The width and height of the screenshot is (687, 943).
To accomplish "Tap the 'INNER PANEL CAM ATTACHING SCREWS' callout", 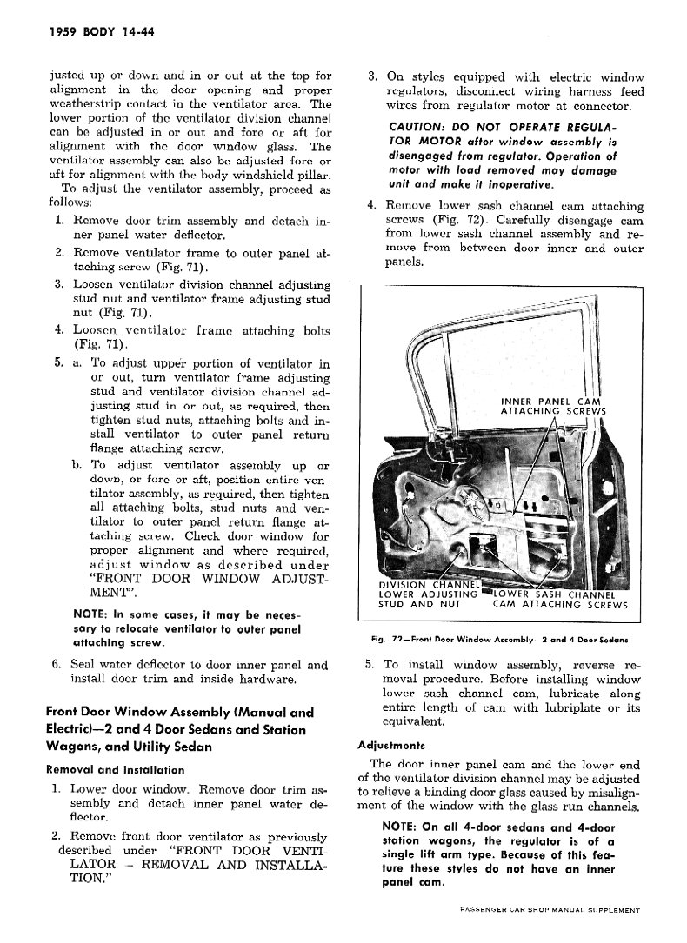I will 553,406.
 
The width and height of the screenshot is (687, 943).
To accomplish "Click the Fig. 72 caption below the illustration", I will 499,639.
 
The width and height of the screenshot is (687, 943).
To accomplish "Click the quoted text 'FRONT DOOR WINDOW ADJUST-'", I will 197,577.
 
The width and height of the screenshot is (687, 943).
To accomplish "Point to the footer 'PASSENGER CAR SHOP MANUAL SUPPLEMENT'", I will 548,911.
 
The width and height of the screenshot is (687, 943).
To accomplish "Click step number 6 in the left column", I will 57,666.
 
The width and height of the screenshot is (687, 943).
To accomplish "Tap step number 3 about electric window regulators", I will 371,76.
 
